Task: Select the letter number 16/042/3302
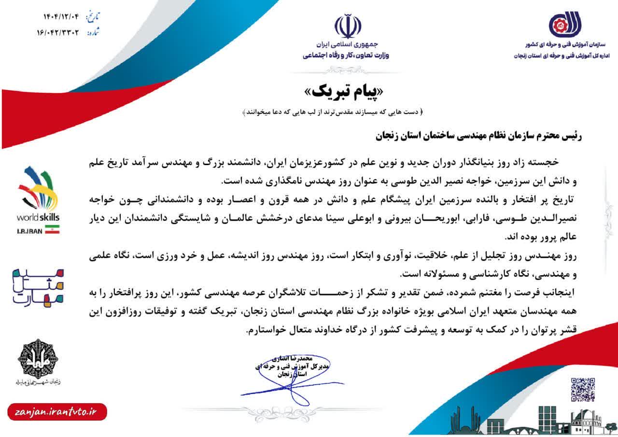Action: pyautogui.click(x=60, y=33)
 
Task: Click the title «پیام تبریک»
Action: pyautogui.click(x=345, y=92)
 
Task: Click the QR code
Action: pyautogui.click(x=583, y=389)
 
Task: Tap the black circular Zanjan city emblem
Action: pyautogui.click(x=38, y=358)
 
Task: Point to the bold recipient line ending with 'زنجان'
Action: pyautogui.click(x=478, y=136)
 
